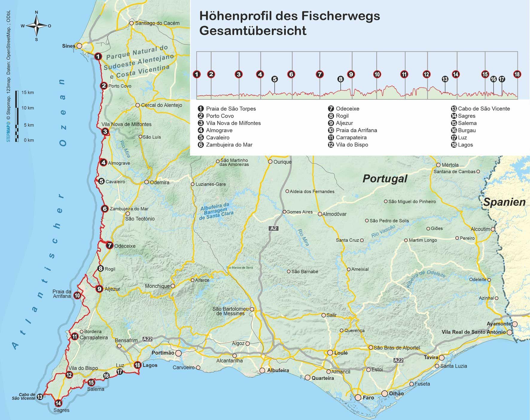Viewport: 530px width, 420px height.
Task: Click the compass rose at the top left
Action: tap(36, 26)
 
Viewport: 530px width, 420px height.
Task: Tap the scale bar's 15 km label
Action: tap(28, 93)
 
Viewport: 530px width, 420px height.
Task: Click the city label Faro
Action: tap(368, 398)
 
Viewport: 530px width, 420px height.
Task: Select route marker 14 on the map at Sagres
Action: tap(58, 403)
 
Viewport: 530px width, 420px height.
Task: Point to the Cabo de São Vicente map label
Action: tap(23, 396)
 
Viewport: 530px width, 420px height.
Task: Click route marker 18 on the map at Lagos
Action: tap(138, 365)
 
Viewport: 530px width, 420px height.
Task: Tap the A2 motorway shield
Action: tap(274, 228)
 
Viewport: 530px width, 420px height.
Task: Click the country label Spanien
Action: tap(504, 202)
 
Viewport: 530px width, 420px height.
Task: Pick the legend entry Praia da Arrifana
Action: tap(356, 130)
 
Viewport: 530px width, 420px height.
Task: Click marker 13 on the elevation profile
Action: tap(445, 79)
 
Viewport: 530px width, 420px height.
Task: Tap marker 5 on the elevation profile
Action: tap(275, 79)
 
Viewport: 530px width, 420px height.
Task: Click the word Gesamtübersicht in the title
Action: tap(253, 31)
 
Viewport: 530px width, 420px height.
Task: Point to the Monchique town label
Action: tap(157, 286)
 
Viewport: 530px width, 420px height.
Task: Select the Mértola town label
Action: tap(450, 165)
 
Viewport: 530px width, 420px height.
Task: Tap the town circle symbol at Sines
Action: tap(79, 46)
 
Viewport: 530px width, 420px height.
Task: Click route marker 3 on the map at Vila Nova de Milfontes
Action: tap(105, 131)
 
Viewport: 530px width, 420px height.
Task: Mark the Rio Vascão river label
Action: tap(383, 231)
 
